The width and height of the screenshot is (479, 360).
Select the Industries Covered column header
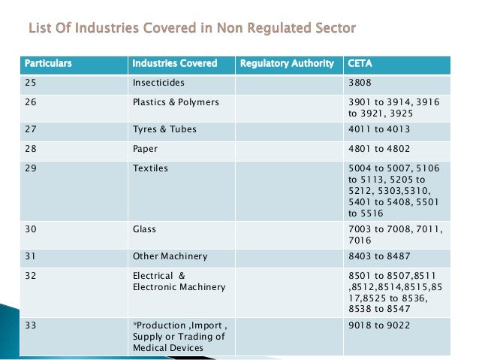[174, 63]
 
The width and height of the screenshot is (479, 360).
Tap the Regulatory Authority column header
[287, 63]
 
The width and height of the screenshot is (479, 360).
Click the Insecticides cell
[158, 82]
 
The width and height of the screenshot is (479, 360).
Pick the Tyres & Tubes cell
[164, 129]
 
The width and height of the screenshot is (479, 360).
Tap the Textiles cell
[150, 168]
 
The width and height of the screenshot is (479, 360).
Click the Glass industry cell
[145, 227]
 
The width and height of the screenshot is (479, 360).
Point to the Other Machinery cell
[170, 256]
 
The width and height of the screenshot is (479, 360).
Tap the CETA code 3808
[360, 82]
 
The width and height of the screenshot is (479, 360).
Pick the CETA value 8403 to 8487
[380, 256]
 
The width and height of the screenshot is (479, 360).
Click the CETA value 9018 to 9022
[379, 325]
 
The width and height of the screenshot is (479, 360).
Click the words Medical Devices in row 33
[167, 347]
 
